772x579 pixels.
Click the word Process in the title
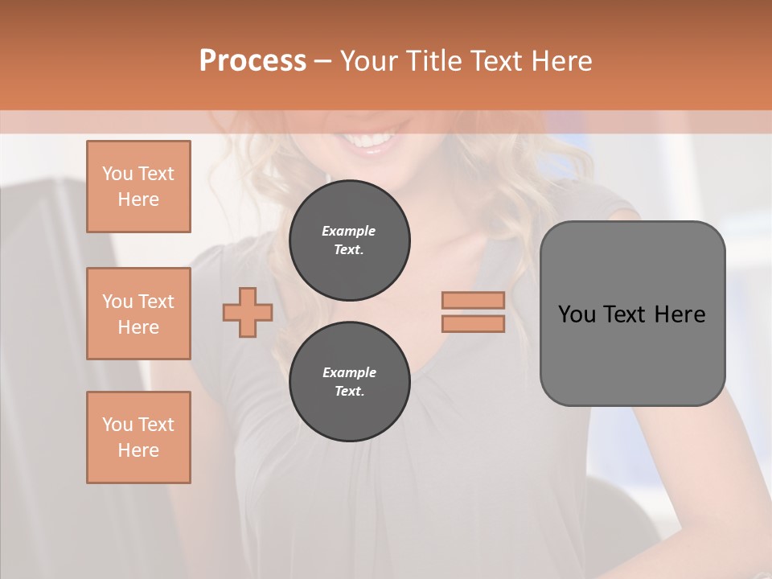pos(253,61)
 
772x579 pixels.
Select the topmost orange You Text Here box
pos(138,187)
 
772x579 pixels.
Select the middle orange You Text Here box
pos(138,314)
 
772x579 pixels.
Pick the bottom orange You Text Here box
pos(138,437)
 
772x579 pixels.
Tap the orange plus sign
pos(248,312)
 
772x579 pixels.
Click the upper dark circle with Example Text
pos(349,240)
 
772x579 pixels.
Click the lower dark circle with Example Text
pos(349,382)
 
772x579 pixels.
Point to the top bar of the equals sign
pos(473,300)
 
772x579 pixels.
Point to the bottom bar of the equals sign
pos(473,323)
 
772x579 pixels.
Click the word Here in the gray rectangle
pos(680,314)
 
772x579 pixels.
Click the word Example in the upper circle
pos(349,231)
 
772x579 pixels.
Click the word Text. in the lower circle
pos(349,392)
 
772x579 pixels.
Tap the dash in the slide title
pos(322,62)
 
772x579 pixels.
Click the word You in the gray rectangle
pos(576,314)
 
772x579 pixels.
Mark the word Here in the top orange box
pos(138,199)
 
